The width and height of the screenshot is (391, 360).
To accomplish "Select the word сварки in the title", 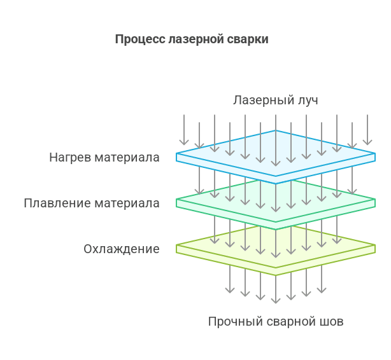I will tap(248, 39).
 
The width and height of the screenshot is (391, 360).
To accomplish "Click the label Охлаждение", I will tap(122, 249).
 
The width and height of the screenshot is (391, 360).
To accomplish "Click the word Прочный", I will tap(231, 322).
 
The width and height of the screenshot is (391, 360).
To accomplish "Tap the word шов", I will tap(331, 322).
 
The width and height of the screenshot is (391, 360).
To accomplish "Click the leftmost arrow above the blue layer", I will tap(184, 130).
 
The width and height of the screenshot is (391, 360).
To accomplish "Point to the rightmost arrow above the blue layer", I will tap(367, 130).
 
